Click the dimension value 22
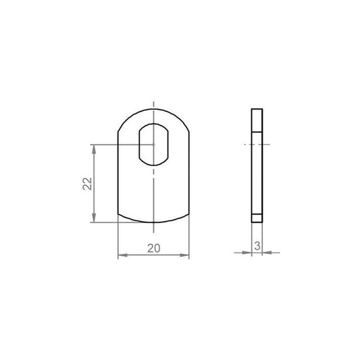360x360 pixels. tap(87, 184)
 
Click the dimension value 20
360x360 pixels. tap(154, 248)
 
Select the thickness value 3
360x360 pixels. tap(257, 246)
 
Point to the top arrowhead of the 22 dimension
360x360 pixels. tap(94, 149)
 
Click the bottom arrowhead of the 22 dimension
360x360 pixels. tap(94, 217)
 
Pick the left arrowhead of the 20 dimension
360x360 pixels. tap(122, 255)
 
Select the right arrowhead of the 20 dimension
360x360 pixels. tap(184, 255)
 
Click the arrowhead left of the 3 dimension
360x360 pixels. tap(247, 253)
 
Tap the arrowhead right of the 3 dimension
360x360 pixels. tap(267, 253)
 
